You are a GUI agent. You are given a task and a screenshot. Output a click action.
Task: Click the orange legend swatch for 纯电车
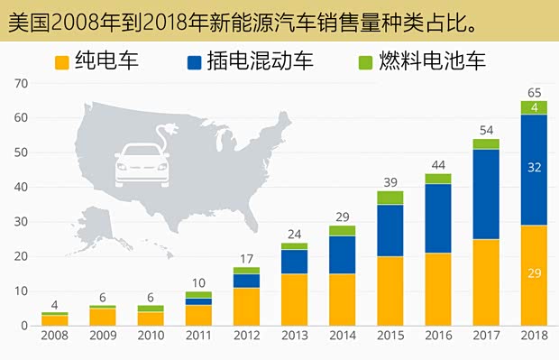pyautogui.click(x=61, y=62)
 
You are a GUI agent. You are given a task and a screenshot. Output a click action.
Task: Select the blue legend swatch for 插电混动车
pyautogui.click(x=194, y=62)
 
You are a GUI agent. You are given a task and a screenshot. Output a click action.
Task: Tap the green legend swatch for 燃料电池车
pyautogui.click(x=366, y=62)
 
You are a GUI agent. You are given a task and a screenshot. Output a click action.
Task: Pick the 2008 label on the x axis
pyautogui.click(x=54, y=336)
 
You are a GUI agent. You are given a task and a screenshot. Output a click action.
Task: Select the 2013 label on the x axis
pyautogui.click(x=294, y=336)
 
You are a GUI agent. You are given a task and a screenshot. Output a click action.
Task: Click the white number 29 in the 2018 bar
pyautogui.click(x=534, y=274)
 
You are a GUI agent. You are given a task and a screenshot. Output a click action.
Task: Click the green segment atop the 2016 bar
pyautogui.click(x=438, y=179)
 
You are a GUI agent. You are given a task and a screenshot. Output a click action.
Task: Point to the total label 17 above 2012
pyautogui.click(x=246, y=257)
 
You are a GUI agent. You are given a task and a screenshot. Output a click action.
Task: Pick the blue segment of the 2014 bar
pyautogui.click(x=342, y=254)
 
